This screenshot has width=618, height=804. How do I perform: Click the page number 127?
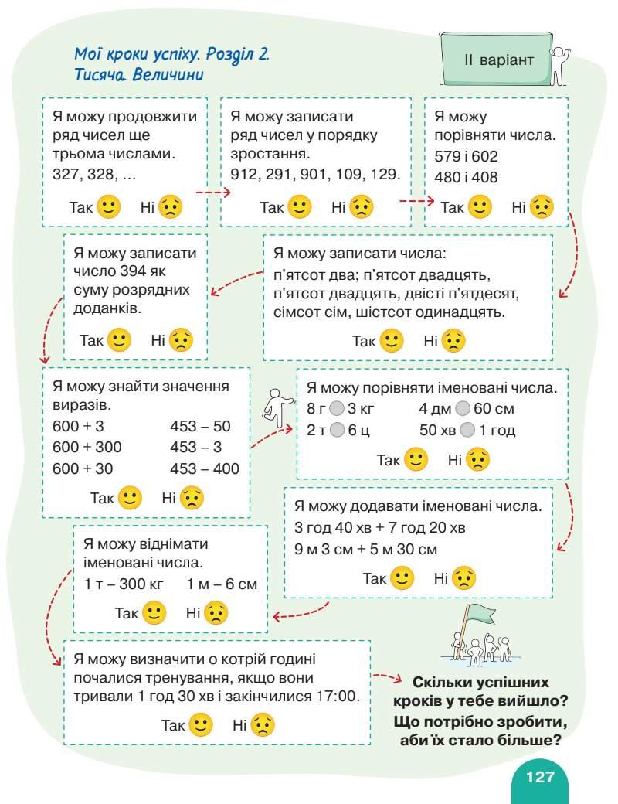pos(540,776)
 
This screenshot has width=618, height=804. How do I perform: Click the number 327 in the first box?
pos(66,175)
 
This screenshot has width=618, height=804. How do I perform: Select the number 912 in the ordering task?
pos(246,175)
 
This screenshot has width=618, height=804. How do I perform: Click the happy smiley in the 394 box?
pos(119,339)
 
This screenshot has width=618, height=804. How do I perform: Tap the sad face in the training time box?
pos(263,725)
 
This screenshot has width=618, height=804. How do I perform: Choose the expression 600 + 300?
pos(87,447)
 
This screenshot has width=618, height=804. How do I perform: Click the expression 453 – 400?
pos(205,468)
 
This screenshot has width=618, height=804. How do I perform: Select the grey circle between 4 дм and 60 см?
pos(463,409)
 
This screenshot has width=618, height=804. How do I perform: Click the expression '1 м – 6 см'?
pos(222,584)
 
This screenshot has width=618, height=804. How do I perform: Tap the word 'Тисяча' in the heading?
pos(100,76)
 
